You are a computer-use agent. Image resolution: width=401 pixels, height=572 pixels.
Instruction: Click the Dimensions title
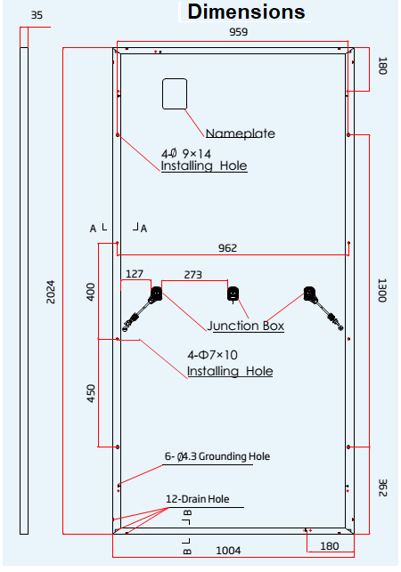pyautogui.click(x=247, y=12)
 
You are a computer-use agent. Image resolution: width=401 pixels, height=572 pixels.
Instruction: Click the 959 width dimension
pyautogui.click(x=238, y=32)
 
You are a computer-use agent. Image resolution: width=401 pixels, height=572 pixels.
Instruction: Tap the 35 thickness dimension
pyautogui.click(x=37, y=15)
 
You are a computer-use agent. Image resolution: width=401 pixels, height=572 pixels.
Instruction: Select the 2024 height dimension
pyautogui.click(x=52, y=293)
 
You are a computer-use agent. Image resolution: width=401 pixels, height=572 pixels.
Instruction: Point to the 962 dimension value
pyautogui.click(x=228, y=248)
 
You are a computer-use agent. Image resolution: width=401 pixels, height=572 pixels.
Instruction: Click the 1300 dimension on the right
pyautogui.click(x=382, y=290)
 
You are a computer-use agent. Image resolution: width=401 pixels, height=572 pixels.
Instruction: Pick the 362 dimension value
pyautogui.click(x=382, y=489)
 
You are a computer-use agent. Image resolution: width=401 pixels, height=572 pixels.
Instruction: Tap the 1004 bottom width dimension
pyautogui.click(x=229, y=551)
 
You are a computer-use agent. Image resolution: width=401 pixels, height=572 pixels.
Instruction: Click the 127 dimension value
pyautogui.click(x=135, y=274)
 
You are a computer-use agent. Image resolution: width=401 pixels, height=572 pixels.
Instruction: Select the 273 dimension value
pyautogui.click(x=193, y=274)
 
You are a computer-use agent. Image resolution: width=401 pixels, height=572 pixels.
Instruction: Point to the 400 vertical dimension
pyautogui.click(x=90, y=292)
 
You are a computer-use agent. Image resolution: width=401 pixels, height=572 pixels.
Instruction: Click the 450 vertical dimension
pyautogui.click(x=90, y=393)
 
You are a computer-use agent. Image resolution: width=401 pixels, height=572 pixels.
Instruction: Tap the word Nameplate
pyautogui.click(x=241, y=134)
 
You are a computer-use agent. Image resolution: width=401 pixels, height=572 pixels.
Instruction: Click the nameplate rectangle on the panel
pyautogui.click(x=174, y=93)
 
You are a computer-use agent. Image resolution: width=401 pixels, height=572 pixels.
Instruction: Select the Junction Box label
pyautogui.click(x=246, y=326)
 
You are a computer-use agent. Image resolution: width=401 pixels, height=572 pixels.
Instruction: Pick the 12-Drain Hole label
pyautogui.click(x=197, y=499)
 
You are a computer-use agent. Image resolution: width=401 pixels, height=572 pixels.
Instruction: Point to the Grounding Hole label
pyautogui.click(x=217, y=456)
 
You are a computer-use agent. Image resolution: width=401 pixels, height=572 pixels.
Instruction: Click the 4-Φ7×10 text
pyautogui.click(x=212, y=355)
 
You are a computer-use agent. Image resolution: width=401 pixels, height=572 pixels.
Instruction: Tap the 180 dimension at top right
pyautogui.click(x=382, y=67)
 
